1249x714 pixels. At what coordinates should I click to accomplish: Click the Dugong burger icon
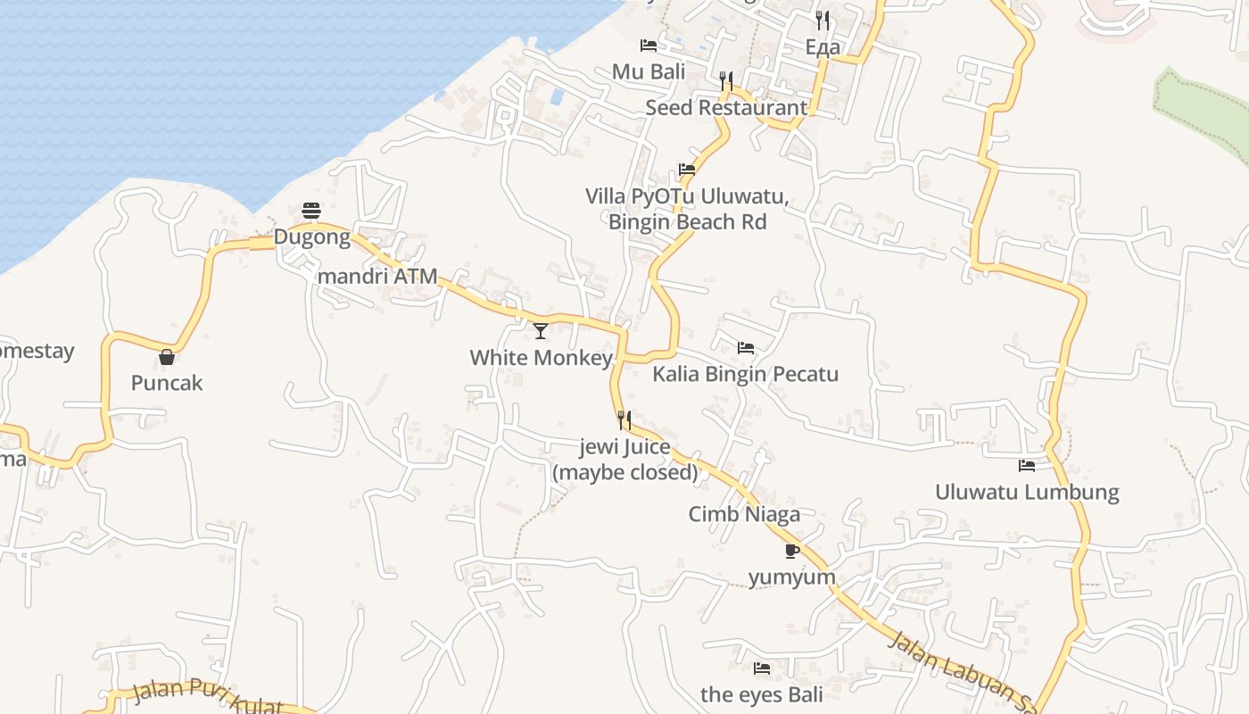311,211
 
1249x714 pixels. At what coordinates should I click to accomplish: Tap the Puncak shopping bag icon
167,357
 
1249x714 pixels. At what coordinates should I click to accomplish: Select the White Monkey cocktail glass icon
541,331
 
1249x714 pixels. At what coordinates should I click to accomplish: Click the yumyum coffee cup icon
791,551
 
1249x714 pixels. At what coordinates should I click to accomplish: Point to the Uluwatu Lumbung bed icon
1027,465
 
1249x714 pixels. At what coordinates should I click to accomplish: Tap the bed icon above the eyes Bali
761,668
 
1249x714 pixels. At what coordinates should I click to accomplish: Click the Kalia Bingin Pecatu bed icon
746,347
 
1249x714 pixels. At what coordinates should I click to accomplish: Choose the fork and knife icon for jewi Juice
624,419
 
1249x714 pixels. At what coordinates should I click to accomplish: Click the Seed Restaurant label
725,108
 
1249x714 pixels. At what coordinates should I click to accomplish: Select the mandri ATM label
377,276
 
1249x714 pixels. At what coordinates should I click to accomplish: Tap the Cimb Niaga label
744,514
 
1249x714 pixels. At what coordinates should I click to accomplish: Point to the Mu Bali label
649,71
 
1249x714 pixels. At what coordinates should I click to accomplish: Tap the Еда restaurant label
822,47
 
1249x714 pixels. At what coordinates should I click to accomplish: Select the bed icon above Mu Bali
649,45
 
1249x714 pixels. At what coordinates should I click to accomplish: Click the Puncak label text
167,383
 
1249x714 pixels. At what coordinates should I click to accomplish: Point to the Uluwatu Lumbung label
1027,492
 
